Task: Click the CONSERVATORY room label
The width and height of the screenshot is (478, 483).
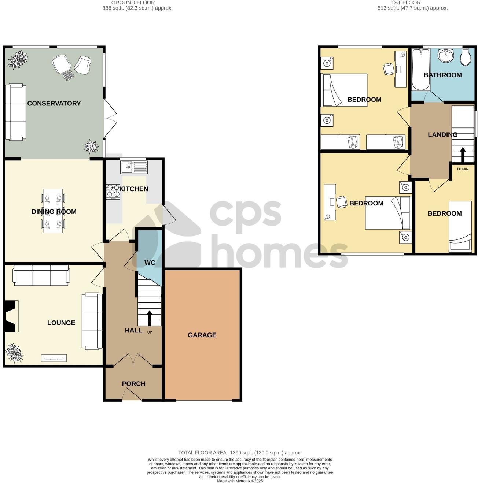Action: [54, 103]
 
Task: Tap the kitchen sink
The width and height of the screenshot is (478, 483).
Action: [134, 167]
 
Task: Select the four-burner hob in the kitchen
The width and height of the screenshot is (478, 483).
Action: [113, 192]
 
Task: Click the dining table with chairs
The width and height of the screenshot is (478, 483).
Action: [54, 211]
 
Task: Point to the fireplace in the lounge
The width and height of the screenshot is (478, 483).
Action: [11, 316]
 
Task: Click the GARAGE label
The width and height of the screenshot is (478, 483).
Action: [202, 335]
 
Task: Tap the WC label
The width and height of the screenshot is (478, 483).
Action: [150, 263]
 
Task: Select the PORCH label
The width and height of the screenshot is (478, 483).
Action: [134, 384]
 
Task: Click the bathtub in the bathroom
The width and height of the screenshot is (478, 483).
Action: [420, 70]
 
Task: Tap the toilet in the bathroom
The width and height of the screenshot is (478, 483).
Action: [466, 57]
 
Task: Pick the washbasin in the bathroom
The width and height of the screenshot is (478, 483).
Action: [446, 56]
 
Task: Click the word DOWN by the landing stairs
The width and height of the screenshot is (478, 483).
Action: [463, 169]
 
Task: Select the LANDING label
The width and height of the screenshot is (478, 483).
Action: [442, 134]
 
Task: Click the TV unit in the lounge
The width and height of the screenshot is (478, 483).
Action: [54, 358]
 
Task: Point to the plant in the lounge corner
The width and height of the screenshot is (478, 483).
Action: [14, 353]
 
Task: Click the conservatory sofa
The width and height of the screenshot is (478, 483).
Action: [16, 112]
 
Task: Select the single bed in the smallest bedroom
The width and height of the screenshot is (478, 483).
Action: [460, 226]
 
